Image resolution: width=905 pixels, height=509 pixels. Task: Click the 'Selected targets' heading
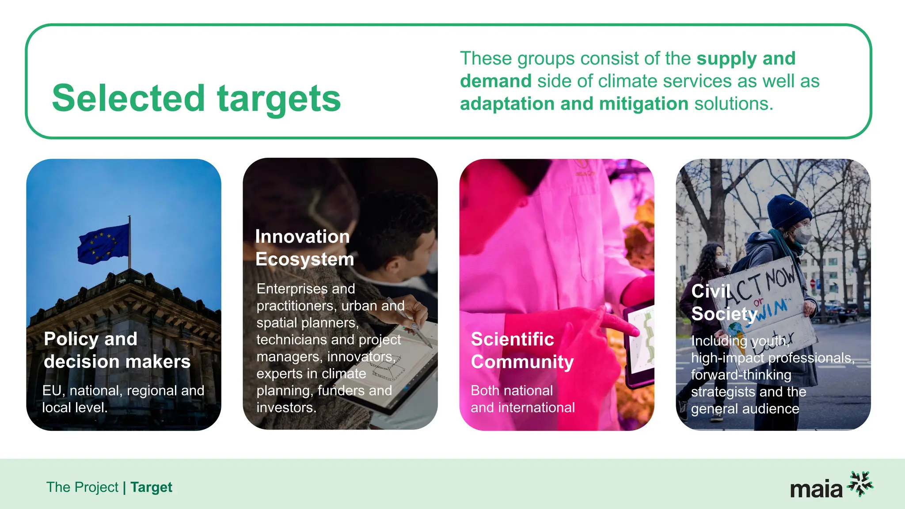click(x=196, y=98)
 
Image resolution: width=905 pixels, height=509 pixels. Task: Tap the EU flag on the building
click(x=103, y=244)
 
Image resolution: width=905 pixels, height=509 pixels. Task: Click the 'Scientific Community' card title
click(x=522, y=350)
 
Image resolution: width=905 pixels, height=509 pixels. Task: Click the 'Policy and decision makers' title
click(x=117, y=350)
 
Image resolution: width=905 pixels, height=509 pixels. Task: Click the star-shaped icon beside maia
click(x=860, y=483)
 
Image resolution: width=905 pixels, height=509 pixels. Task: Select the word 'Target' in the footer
click(x=151, y=487)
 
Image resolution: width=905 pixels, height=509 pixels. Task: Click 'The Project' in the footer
click(x=82, y=487)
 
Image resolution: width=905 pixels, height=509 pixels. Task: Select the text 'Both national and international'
click(x=522, y=399)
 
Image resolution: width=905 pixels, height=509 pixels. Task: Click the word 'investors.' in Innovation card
click(x=286, y=407)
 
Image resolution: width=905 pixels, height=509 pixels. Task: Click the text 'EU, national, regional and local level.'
click(x=123, y=399)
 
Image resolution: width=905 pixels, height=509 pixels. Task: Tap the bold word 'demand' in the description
click(x=495, y=81)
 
